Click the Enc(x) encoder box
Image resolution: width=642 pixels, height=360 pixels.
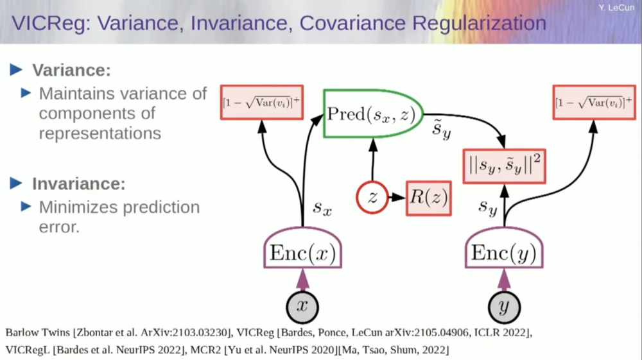(302, 252)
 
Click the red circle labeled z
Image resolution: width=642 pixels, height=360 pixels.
(372, 199)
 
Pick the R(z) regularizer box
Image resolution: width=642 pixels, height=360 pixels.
(429, 199)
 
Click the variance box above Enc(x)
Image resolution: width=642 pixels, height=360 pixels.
(262, 102)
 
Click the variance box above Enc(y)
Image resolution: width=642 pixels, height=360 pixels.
(593, 102)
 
